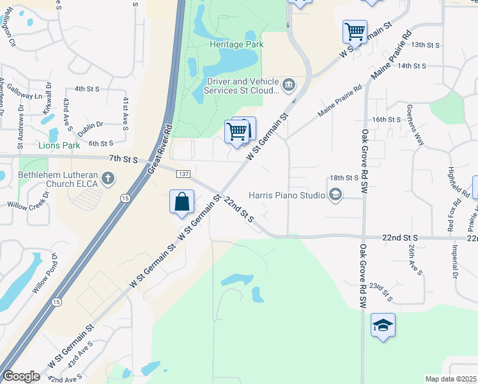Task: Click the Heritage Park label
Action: [x=236, y=45]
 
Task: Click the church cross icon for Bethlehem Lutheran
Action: [x=108, y=178]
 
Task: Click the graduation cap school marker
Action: [x=383, y=325]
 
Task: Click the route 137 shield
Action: [x=183, y=175]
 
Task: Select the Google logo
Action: [x=21, y=376]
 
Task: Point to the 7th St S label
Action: [x=123, y=158]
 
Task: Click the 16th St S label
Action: [x=386, y=120]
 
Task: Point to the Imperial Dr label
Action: [x=456, y=262]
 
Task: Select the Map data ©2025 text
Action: [x=451, y=379]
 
